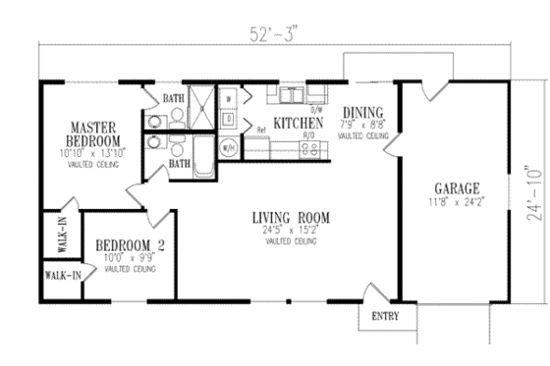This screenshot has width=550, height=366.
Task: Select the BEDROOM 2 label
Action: pos(129,246)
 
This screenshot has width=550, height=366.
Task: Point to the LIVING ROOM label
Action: pos(290,217)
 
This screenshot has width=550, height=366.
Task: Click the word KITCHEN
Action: pos(294,124)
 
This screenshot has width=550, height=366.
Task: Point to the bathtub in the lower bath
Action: pos(204,159)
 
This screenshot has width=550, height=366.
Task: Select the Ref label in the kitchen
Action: pos(262,130)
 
